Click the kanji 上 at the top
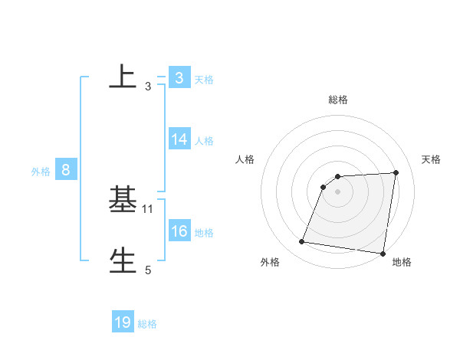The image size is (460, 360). [x=123, y=77]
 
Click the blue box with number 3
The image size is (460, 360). [x=179, y=78]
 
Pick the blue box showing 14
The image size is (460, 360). [x=179, y=139]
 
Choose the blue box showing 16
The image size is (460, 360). [x=179, y=231]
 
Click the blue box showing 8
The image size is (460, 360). [x=66, y=170]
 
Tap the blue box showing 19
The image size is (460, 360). [x=123, y=322]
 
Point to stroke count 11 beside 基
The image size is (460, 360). [x=148, y=208]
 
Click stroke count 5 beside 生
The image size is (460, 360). [x=148, y=270]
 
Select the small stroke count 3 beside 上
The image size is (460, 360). [x=148, y=87]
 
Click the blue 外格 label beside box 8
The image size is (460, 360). [x=41, y=172]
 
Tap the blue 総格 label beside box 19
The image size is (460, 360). [x=147, y=324]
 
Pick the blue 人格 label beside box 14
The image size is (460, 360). [x=204, y=141]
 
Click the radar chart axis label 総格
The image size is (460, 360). [x=338, y=100]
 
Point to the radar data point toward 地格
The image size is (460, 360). [x=383, y=254]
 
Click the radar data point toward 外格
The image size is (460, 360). [x=301, y=242]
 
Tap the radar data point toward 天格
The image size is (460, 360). [x=396, y=172]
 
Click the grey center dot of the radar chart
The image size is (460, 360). [x=338, y=191]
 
